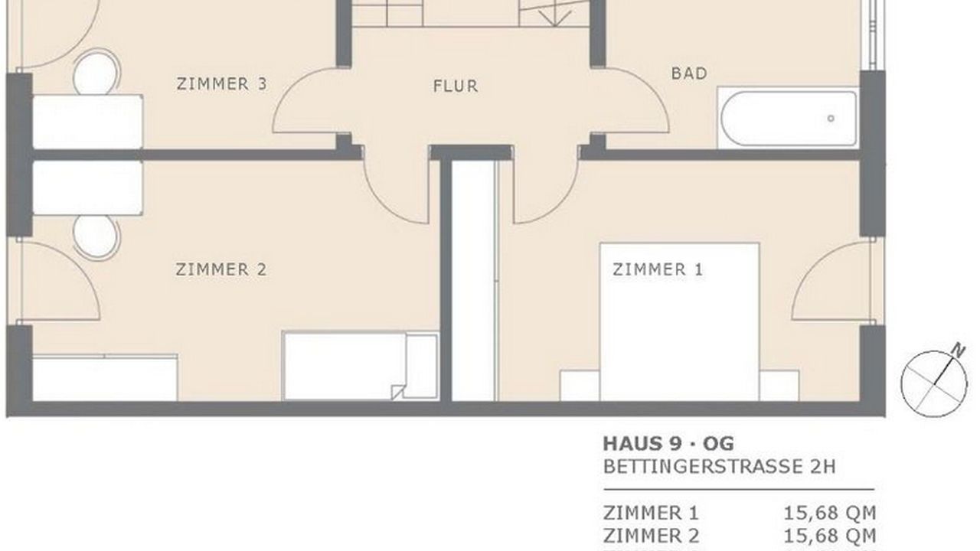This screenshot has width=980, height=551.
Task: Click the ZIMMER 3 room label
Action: tap(221, 83)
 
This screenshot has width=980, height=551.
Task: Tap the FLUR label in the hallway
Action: tap(456, 86)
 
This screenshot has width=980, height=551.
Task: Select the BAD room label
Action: tap(689, 73)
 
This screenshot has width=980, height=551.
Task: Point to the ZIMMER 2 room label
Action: tap(221, 269)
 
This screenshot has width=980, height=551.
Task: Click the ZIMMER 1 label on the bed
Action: tap(658, 269)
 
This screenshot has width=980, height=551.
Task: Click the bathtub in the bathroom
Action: tap(788, 118)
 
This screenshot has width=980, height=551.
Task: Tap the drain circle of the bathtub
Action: tap(831, 118)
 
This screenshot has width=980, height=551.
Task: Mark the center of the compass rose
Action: tap(934, 384)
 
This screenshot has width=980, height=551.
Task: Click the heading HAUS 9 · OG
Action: tap(668, 444)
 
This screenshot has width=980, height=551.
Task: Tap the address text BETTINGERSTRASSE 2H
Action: tap(719, 467)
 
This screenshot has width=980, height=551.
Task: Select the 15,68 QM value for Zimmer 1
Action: tap(829, 513)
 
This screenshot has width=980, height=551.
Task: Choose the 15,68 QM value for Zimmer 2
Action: tap(829, 536)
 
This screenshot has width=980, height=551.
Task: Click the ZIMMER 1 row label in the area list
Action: tap(651, 513)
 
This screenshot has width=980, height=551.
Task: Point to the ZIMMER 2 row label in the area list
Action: tap(651, 536)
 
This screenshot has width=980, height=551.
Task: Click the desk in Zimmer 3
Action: tap(87, 122)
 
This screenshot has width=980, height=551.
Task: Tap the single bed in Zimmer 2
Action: tap(361, 366)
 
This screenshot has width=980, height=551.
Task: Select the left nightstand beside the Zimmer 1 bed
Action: tap(580, 386)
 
